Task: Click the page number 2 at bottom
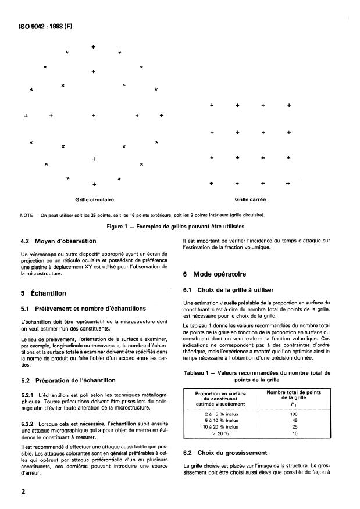22,490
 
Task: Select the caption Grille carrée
250,199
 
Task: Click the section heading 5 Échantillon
44,293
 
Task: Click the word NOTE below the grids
27,214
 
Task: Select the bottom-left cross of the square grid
212,184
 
